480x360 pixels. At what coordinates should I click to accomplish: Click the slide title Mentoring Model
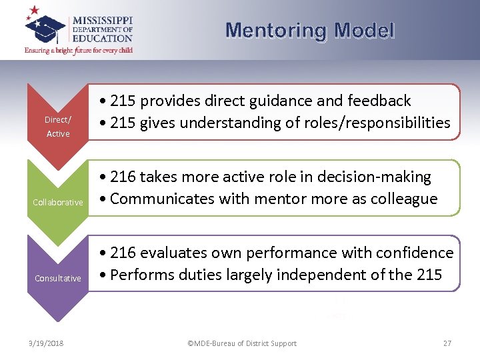pyautogui.click(x=310, y=31)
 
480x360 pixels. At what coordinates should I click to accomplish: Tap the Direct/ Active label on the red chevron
pyautogui.click(x=58, y=127)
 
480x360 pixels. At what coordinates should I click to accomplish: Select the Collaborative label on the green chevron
pyautogui.click(x=58, y=202)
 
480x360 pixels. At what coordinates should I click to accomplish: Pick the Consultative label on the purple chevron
pyautogui.click(x=58, y=278)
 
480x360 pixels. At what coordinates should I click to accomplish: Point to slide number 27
pyautogui.click(x=447, y=343)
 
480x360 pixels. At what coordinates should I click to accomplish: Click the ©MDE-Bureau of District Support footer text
pyautogui.click(x=242, y=343)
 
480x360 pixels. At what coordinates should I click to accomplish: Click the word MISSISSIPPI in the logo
pyautogui.click(x=103, y=20)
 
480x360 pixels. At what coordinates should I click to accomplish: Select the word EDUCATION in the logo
pyautogui.click(x=103, y=39)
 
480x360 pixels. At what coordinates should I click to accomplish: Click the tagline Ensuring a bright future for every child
pyautogui.click(x=79, y=50)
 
